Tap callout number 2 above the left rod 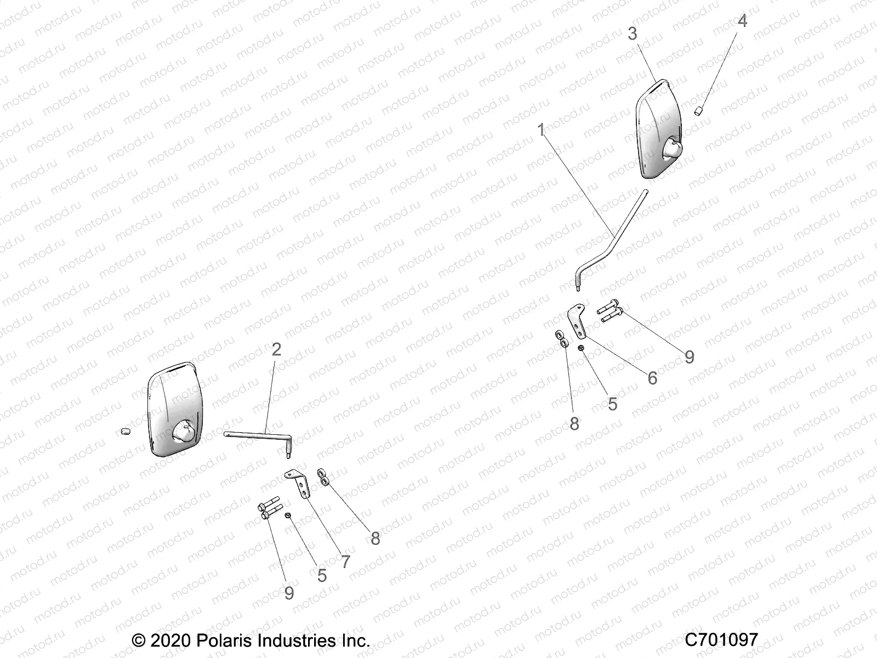(x=276, y=349)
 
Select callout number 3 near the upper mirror (x=633, y=33)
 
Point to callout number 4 (x=742, y=21)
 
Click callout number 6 (x=652, y=378)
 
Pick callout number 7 (x=345, y=561)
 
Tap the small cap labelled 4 (x=699, y=111)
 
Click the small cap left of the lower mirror (x=124, y=432)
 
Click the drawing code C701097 (x=721, y=639)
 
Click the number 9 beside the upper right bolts (x=689, y=357)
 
